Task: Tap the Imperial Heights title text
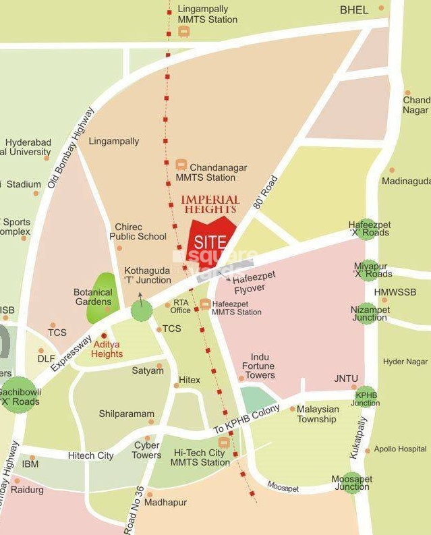pyautogui.click(x=210, y=204)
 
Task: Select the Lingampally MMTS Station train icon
pyautogui.click(x=183, y=32)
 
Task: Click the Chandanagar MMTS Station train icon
pyautogui.click(x=181, y=164)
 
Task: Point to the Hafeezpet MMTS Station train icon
pyautogui.click(x=205, y=304)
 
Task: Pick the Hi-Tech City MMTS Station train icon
pyautogui.click(x=224, y=442)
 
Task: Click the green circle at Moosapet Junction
pyautogui.click(x=351, y=482)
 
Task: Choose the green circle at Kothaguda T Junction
pyautogui.click(x=142, y=310)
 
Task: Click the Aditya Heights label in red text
pyautogui.click(x=108, y=349)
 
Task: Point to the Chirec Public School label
pyautogui.click(x=138, y=232)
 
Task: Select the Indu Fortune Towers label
pyautogui.click(x=259, y=366)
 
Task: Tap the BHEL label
pyautogui.click(x=354, y=10)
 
